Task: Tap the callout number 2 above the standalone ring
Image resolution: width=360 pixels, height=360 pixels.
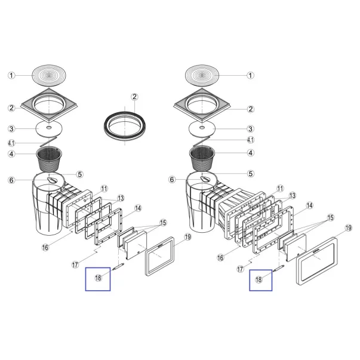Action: (135, 97)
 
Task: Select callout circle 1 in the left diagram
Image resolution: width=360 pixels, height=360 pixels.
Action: (11, 76)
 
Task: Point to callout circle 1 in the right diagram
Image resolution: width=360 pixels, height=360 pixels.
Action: (251, 75)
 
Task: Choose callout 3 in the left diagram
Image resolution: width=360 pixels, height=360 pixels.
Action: (11, 129)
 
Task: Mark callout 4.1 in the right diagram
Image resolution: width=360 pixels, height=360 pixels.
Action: (251, 140)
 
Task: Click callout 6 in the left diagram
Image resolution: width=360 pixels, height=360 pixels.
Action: (11, 180)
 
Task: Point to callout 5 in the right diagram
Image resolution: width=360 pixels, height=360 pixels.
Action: (251, 174)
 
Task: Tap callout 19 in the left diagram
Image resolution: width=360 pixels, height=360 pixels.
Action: (187, 238)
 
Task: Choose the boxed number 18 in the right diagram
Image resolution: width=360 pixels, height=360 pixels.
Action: (260, 279)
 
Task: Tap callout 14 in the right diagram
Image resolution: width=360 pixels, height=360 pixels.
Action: (309, 206)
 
